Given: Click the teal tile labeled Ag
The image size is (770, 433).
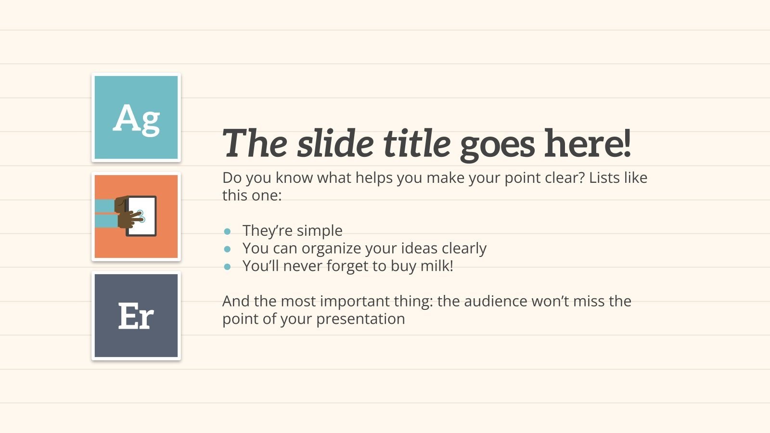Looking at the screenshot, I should coord(136,117).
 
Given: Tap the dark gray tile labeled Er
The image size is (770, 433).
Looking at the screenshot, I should coord(136,316).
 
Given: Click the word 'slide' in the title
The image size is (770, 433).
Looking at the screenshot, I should coord(335,143).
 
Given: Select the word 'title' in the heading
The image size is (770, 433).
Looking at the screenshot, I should coord(417,143).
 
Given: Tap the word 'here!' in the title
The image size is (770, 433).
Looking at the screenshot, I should coord(587,143).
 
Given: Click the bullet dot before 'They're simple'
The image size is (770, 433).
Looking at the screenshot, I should coord(228,231).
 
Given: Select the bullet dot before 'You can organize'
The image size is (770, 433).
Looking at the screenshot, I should coord(228,249).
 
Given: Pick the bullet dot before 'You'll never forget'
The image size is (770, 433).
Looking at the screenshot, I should coord(228,267).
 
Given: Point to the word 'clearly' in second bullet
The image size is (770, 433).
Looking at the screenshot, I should coord(464,248).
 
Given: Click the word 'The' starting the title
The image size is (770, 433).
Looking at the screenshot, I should coord(255,143).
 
